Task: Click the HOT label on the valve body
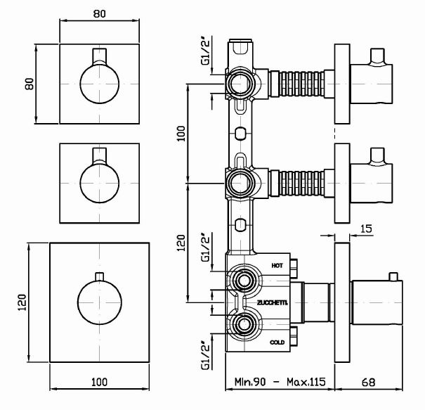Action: (277, 266)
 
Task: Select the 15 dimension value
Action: (365, 228)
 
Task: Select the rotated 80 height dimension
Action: (30, 85)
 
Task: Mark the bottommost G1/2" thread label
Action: (204, 354)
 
